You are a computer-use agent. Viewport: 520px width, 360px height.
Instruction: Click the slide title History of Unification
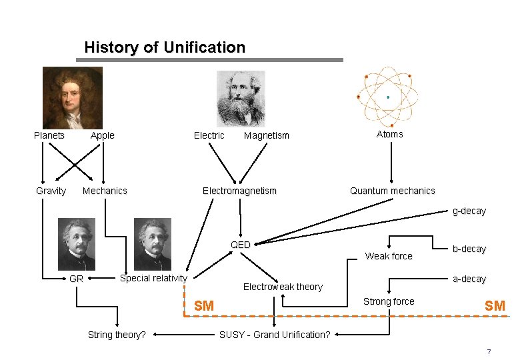tap(165, 47)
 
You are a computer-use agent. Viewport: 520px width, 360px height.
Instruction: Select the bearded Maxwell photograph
tap(241, 98)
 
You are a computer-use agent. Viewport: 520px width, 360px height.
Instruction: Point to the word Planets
tap(49, 135)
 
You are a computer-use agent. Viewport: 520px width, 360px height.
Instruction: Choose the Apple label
tap(103, 135)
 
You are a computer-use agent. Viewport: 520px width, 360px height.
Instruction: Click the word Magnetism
tap(267, 136)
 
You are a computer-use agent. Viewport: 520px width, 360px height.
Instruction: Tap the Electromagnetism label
tap(239, 191)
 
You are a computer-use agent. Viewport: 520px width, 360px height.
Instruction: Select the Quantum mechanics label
tap(392, 191)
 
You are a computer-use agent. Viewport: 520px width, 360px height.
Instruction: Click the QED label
tap(241, 245)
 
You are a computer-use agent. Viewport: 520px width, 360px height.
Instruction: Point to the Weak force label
tap(389, 256)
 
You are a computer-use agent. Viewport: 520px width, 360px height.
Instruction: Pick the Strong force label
tap(389, 301)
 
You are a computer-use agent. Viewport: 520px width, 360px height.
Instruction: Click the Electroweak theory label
tap(283, 287)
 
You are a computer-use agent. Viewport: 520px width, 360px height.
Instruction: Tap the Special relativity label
tap(153, 278)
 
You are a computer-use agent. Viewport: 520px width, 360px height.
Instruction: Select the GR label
tap(76, 279)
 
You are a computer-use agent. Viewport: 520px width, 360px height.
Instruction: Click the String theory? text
tap(117, 335)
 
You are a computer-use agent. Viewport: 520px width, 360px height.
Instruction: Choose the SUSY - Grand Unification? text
tap(275, 335)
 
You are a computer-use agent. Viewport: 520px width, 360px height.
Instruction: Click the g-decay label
tap(469, 211)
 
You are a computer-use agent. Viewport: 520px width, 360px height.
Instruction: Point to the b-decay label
tap(469, 249)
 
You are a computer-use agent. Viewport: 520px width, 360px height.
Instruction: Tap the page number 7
tap(489, 351)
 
